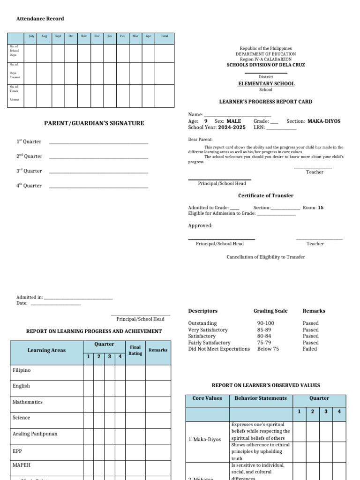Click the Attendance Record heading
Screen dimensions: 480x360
coord(40,19)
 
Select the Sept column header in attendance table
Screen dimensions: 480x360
coord(58,36)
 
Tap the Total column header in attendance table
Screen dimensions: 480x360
coord(165,36)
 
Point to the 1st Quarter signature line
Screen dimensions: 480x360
coord(98,142)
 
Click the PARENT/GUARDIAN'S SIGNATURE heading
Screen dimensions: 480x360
coord(94,123)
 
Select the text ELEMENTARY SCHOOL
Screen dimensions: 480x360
coord(266,84)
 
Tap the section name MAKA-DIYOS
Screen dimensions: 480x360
coord(324,121)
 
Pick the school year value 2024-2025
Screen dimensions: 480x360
coord(232,127)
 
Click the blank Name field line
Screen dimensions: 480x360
coord(238,115)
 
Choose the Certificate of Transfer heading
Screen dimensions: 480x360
coord(266,195)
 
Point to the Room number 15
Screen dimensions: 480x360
coord(321,208)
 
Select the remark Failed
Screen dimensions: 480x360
coord(310,349)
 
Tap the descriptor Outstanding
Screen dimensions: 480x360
coord(202,323)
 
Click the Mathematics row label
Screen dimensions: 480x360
coord(28,402)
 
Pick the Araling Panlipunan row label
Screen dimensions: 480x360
coord(35,434)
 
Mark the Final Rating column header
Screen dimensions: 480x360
coord(135,350)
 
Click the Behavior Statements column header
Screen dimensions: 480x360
coord(261,398)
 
